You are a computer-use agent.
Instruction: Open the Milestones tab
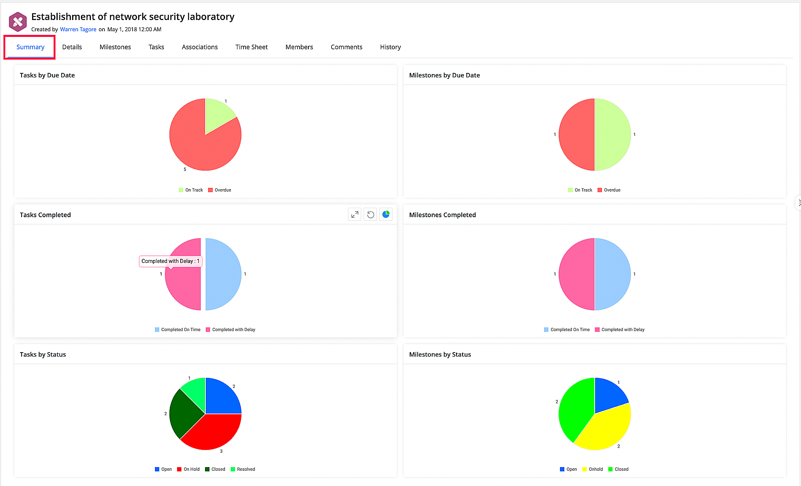(x=115, y=47)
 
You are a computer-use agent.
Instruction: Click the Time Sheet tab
(x=251, y=47)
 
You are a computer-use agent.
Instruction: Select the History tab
(x=390, y=47)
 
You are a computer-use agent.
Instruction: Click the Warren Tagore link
(x=78, y=29)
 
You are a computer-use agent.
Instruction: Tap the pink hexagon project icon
(x=18, y=22)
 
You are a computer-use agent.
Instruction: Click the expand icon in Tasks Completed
(x=354, y=215)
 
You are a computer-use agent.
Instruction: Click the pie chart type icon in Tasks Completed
(x=386, y=215)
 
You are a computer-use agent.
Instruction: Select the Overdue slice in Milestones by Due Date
(x=577, y=135)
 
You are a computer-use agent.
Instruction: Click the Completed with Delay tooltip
(x=170, y=261)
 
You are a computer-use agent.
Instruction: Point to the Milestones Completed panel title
(x=442, y=215)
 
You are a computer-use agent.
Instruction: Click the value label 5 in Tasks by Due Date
(x=185, y=169)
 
